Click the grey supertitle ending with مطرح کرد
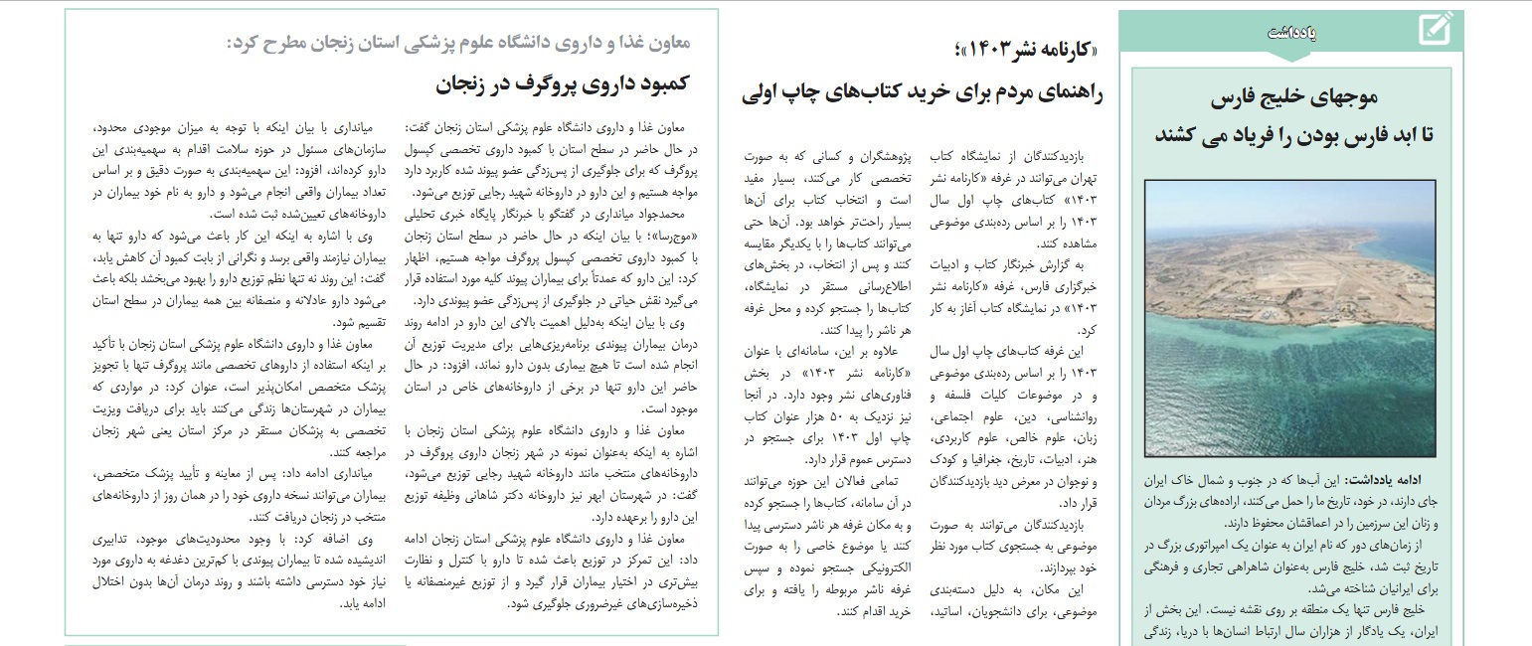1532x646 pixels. click(x=458, y=43)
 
